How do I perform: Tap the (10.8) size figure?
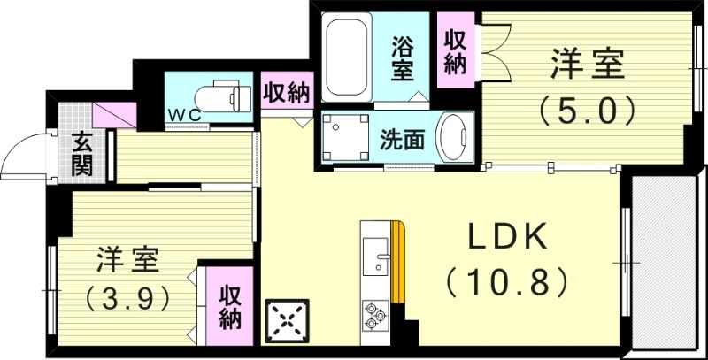506,283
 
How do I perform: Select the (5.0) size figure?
588,111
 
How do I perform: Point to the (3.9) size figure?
127,299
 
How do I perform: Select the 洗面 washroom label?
402,139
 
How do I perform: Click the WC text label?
184,114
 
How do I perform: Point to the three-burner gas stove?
375,315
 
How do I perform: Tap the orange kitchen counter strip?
398,263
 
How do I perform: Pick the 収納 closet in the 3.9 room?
229,306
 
